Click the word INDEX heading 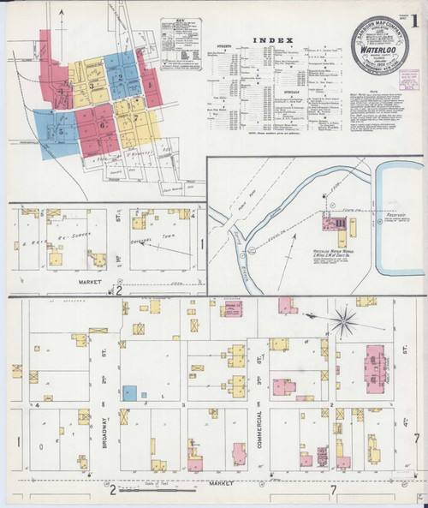coord(273,40)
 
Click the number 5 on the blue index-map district coord(60,131)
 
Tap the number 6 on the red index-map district coord(101,125)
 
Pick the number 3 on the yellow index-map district coord(91,86)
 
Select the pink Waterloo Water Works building coord(330,225)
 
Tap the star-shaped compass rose coord(344,321)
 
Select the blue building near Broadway coord(129,392)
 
